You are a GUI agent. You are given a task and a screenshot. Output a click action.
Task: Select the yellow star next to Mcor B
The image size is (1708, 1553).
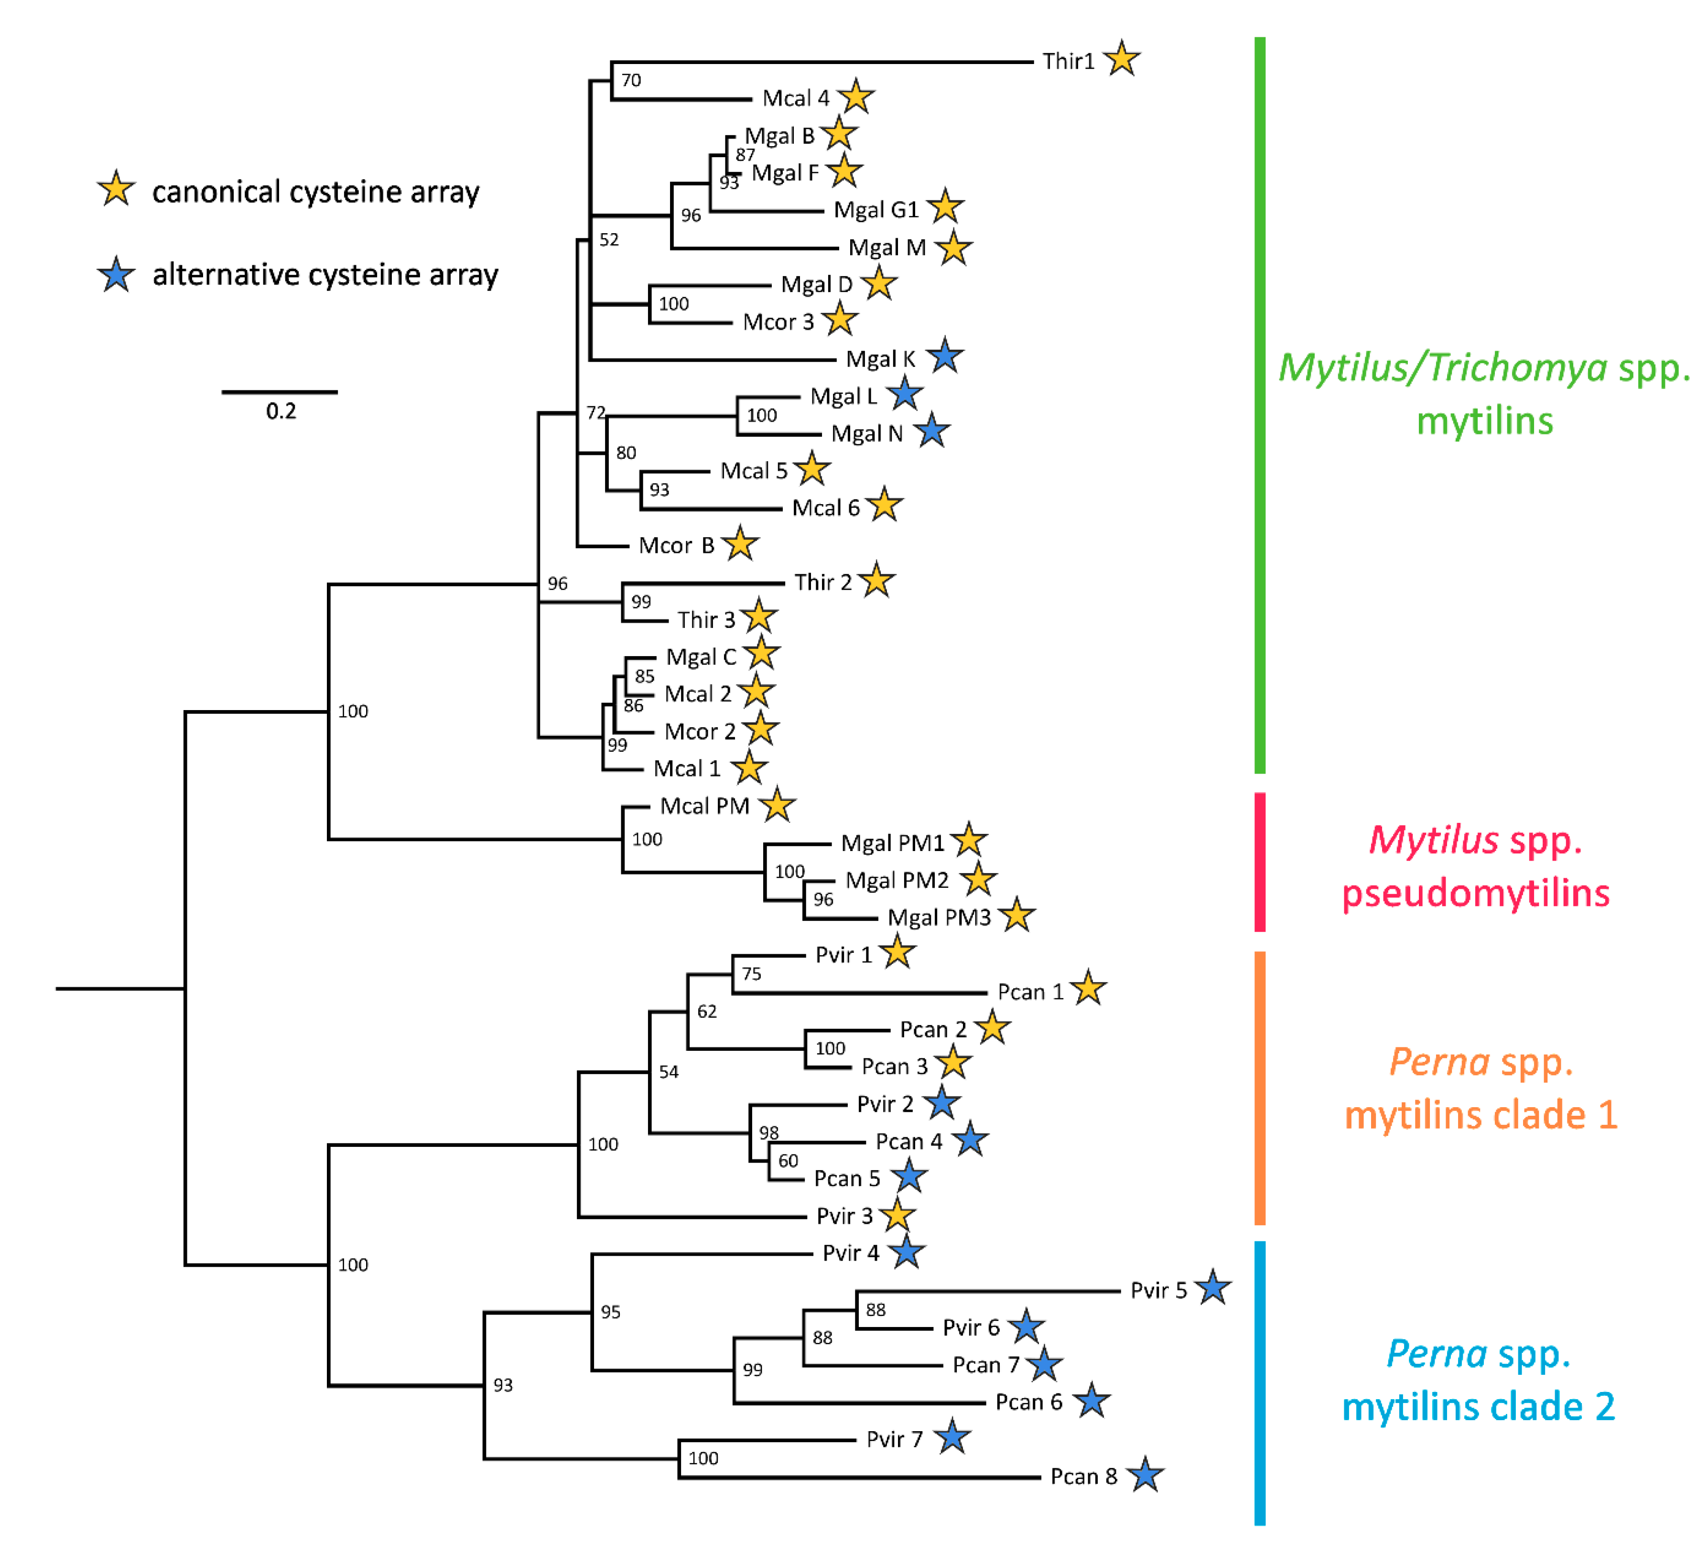click(x=740, y=544)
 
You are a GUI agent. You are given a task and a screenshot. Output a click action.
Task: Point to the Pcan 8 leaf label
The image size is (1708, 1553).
click(x=1083, y=1477)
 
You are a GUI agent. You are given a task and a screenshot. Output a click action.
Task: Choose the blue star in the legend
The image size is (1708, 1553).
click(x=116, y=274)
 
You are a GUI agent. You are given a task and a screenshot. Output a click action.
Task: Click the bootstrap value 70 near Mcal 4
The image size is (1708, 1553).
click(x=631, y=80)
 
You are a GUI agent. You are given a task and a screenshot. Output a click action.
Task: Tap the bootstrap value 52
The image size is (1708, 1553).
click(x=609, y=240)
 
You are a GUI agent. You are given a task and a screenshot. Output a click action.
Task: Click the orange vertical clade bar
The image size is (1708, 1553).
click(x=1260, y=1088)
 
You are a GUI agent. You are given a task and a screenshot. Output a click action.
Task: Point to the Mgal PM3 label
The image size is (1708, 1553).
click(x=939, y=917)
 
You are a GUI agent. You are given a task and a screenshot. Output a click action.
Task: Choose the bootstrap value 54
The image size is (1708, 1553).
click(x=669, y=1072)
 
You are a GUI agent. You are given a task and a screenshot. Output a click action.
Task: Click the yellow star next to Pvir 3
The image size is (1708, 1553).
click(x=897, y=1216)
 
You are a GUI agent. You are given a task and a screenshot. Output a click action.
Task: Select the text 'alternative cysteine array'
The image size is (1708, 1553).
click(x=325, y=274)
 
